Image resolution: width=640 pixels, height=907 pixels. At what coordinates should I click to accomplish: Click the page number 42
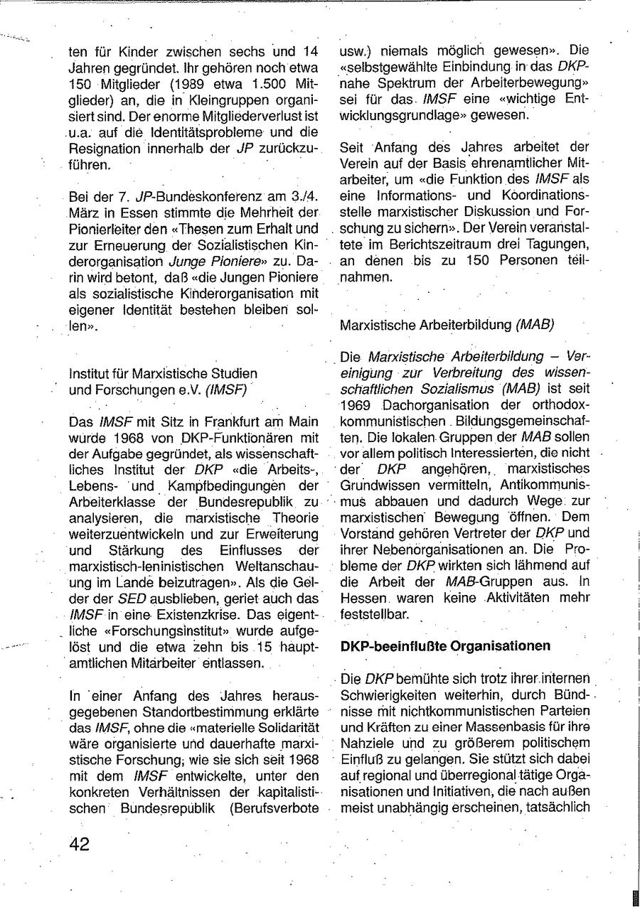click(79, 844)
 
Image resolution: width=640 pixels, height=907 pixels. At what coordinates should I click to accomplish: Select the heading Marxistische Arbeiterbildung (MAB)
click(447, 326)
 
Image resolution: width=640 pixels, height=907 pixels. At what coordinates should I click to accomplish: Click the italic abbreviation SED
click(132, 599)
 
